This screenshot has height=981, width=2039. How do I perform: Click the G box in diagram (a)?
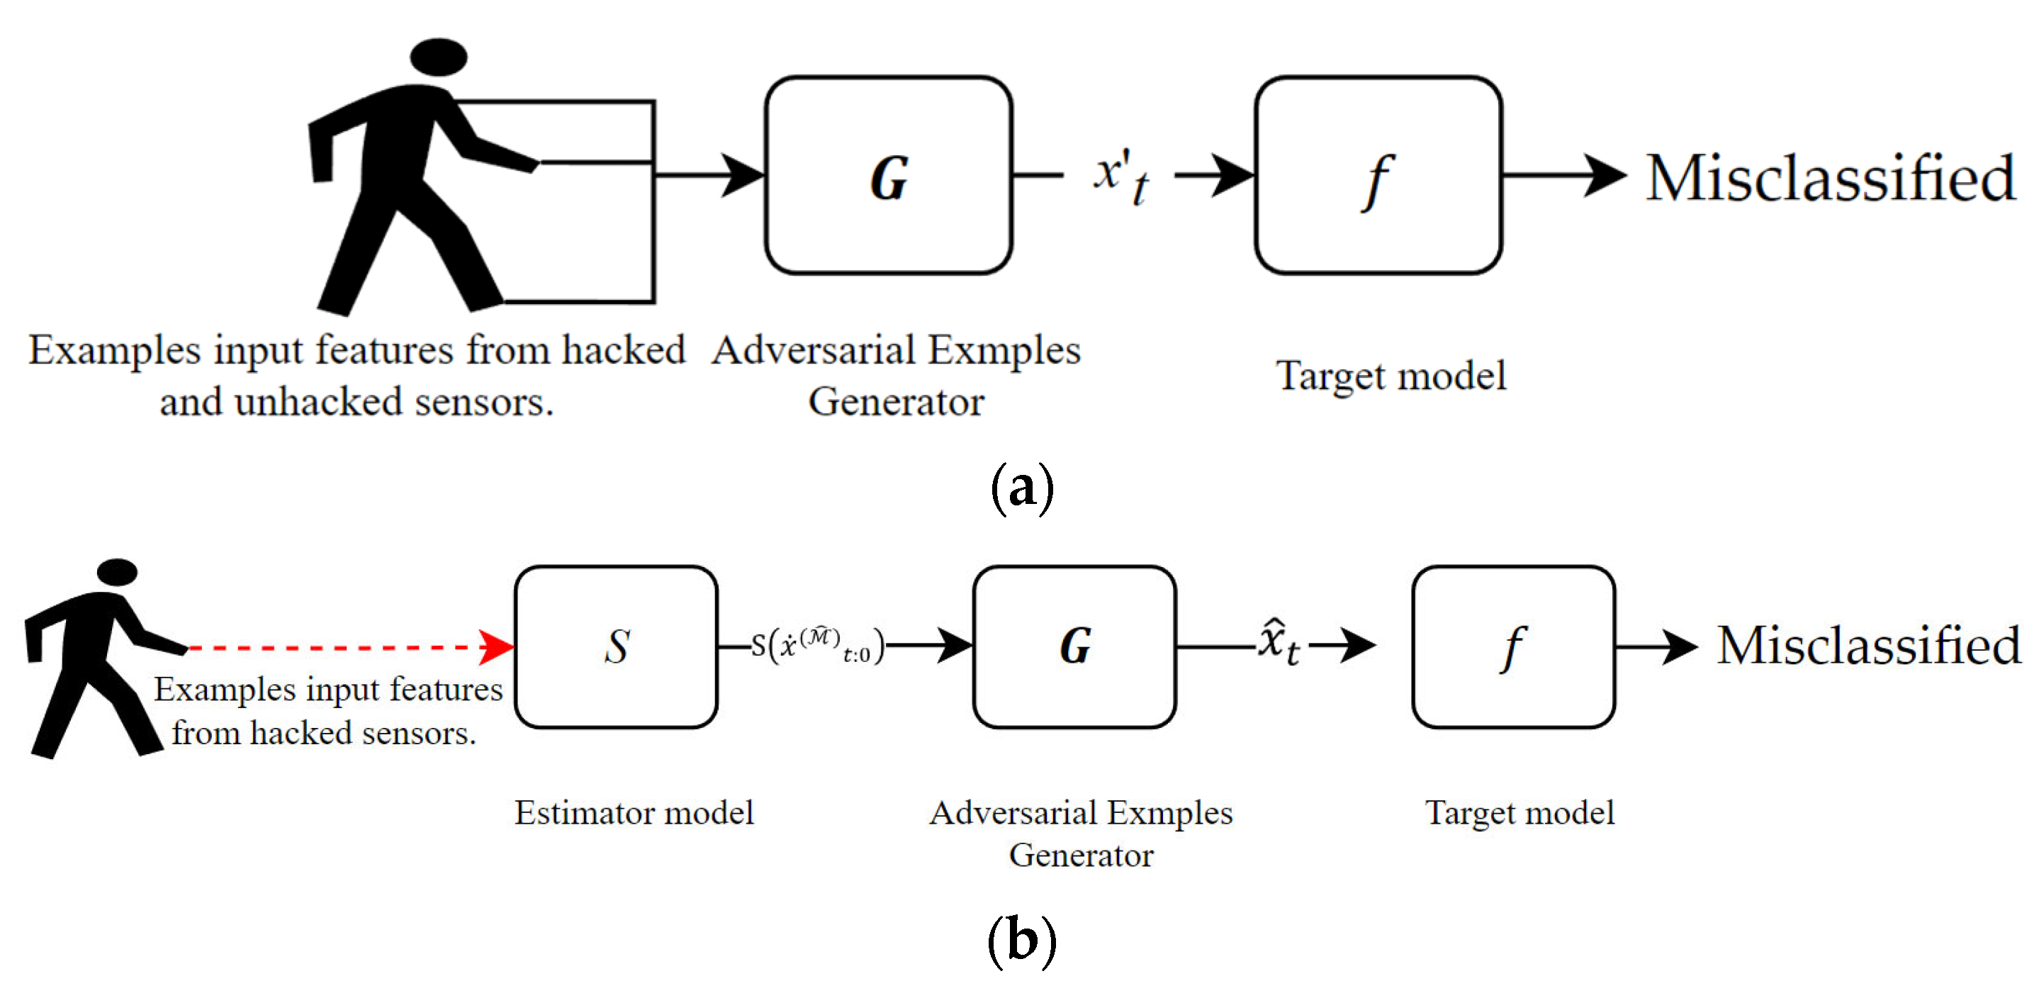coord(888,176)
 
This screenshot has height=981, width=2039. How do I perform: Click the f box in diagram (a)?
coord(1378,176)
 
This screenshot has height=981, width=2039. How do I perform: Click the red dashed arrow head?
coord(497,647)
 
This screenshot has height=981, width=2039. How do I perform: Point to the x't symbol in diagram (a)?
coord(1120,176)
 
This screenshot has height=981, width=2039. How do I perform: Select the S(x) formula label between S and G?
coord(818,645)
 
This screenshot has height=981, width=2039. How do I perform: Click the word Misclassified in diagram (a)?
coord(1830,178)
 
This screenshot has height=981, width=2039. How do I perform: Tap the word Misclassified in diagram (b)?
coord(1868,645)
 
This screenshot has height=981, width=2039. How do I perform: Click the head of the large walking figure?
coord(439,57)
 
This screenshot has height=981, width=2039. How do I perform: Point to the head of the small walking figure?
coord(117,571)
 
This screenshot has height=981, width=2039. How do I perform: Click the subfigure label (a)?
coord(1022,487)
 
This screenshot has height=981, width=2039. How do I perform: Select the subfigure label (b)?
coord(1022,941)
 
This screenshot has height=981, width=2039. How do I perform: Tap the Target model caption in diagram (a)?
coord(1391,375)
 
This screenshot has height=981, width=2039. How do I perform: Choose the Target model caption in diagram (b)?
coord(1519,812)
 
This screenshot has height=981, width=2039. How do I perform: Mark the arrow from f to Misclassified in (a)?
coord(1563,176)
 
